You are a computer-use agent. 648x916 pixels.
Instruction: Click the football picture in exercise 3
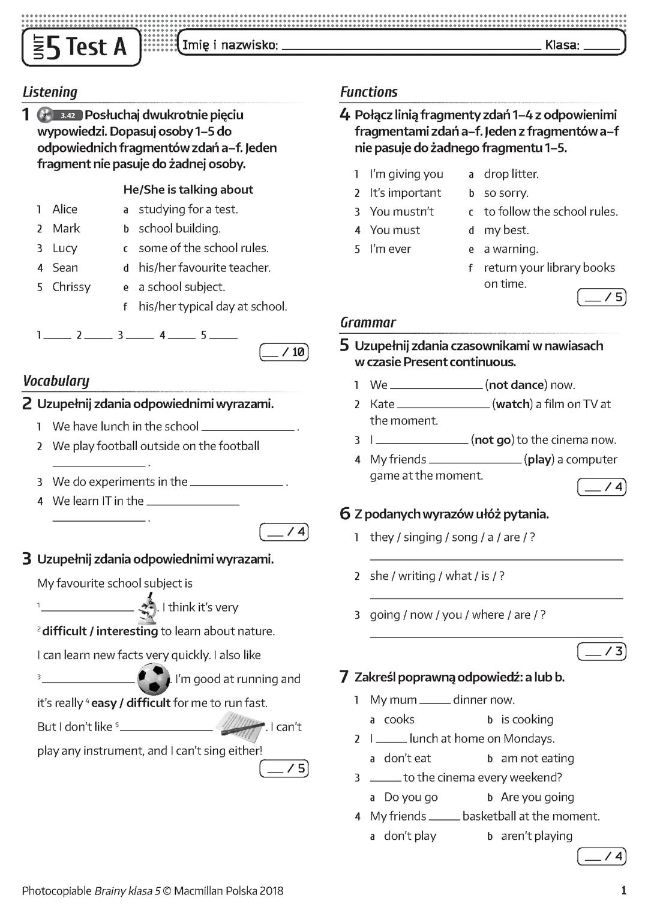click(154, 678)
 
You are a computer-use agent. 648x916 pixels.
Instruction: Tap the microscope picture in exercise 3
click(147, 608)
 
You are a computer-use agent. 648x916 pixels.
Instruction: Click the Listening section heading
click(50, 92)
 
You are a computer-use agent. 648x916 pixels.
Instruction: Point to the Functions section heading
click(368, 92)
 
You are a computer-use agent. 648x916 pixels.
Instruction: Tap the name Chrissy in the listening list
click(71, 287)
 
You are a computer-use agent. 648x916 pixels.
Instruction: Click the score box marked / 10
click(284, 352)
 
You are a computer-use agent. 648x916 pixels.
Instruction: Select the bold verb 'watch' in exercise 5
click(512, 404)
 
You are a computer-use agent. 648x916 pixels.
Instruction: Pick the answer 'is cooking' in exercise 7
click(527, 719)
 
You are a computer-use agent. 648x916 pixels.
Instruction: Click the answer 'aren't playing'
click(536, 836)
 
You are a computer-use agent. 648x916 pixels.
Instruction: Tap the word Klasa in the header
click(562, 45)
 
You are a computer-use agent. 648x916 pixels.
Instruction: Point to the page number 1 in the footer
click(623, 891)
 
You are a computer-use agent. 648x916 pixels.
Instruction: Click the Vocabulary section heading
click(56, 381)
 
